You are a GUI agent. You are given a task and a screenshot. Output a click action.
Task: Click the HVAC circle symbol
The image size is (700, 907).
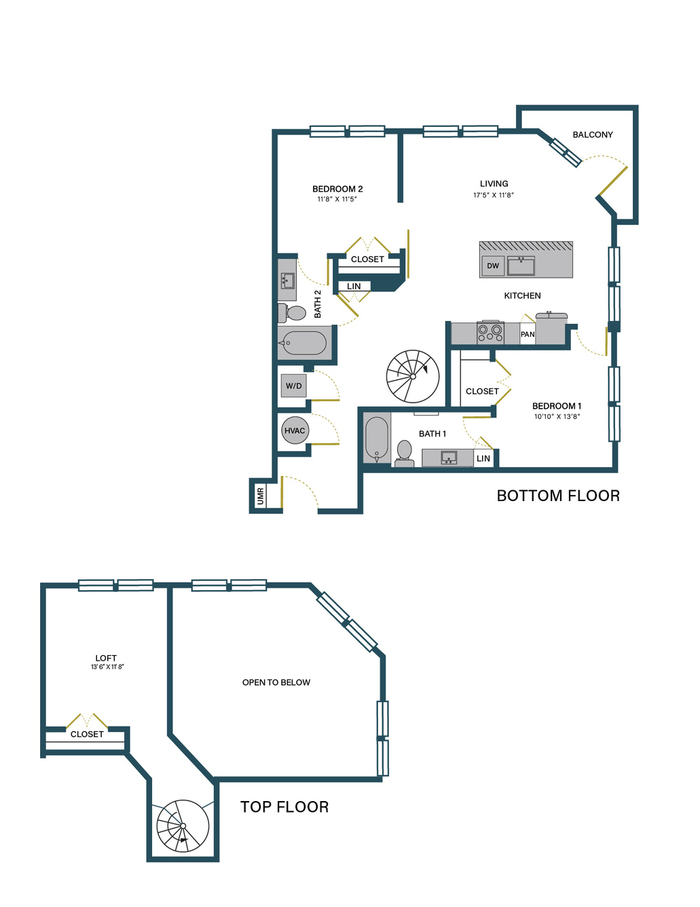tap(295, 430)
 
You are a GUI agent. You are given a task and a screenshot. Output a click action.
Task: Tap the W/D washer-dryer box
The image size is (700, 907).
tap(293, 386)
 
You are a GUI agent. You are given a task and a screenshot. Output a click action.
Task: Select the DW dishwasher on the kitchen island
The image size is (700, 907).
tap(493, 265)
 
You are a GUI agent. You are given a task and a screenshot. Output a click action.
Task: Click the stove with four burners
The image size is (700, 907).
tap(490, 332)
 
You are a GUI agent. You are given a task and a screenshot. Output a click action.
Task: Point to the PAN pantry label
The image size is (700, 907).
tap(528, 334)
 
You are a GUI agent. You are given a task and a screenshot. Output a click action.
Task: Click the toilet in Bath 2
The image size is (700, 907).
tap(292, 313)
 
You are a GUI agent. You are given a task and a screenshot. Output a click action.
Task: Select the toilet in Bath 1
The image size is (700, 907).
tap(404, 453)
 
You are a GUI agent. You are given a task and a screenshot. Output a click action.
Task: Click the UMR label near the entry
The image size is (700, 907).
tap(261, 496)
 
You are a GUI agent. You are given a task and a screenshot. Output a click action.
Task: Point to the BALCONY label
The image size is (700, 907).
tap(592, 134)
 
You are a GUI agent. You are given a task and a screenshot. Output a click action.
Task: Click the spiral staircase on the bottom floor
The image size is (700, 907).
tap(413, 376)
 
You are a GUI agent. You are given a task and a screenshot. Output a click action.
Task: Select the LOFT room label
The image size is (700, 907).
tap(106, 658)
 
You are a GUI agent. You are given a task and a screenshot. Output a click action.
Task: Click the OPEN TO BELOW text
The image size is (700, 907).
tap(276, 682)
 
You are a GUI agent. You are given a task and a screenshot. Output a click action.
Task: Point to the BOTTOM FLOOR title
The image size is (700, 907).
tap(558, 496)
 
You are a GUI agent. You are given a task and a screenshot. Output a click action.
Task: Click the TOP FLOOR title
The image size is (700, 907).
tap(284, 807)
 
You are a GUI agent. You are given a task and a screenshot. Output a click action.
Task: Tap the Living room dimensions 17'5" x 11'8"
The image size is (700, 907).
tap(494, 195)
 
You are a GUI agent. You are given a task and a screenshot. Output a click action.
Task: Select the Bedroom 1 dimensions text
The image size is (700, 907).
tap(557, 416)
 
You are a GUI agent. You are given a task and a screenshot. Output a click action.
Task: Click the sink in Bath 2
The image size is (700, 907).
tap(287, 280)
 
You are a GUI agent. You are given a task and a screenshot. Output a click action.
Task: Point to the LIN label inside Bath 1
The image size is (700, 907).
tap(483, 458)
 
